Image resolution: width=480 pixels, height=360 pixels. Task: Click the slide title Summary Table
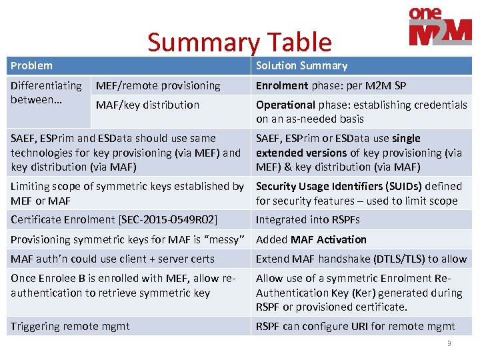pyautogui.click(x=239, y=42)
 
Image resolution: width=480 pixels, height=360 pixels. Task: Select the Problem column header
pyautogui.click(x=31, y=65)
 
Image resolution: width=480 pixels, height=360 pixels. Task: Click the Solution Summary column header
pyautogui.click(x=301, y=65)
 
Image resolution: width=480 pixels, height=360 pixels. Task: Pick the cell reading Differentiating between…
pyautogui.click(x=46, y=93)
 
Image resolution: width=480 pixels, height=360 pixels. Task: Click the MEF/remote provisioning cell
pyautogui.click(x=158, y=85)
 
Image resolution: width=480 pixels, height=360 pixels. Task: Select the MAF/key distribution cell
pyautogui.click(x=147, y=105)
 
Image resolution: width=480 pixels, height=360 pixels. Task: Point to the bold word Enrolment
pyautogui.click(x=282, y=85)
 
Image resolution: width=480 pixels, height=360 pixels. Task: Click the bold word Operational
pyautogui.click(x=285, y=105)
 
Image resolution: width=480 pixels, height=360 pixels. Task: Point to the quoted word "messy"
pyautogui.click(x=225, y=239)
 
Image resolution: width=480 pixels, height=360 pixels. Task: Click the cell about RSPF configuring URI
pyautogui.click(x=355, y=326)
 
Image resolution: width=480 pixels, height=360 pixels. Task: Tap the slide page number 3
pyautogui.click(x=449, y=343)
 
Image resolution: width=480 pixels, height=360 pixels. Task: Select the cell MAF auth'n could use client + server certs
pyautogui.click(x=113, y=259)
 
